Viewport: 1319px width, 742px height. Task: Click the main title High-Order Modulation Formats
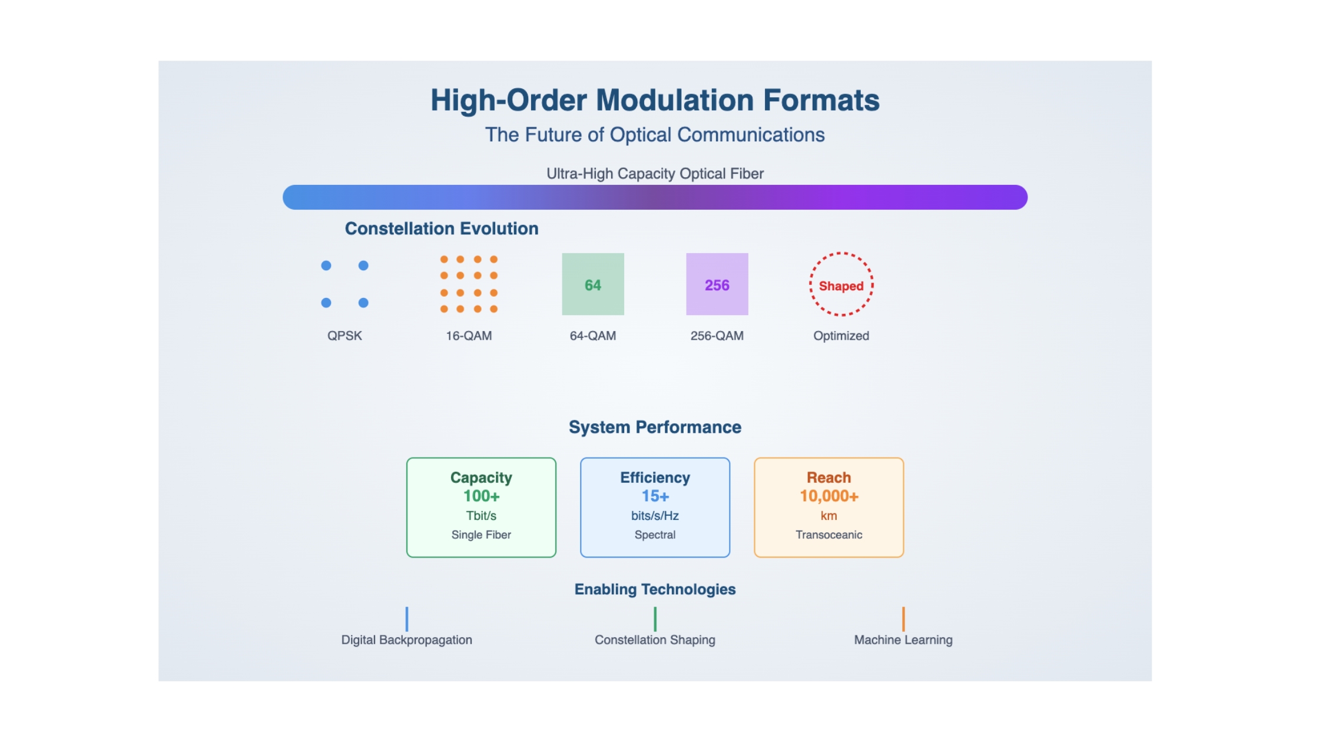(655, 100)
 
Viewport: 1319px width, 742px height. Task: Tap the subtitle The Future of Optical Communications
(655, 135)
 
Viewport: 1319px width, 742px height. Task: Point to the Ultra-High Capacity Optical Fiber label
(655, 174)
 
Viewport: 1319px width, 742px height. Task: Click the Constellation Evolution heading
(442, 228)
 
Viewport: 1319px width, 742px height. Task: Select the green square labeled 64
(593, 284)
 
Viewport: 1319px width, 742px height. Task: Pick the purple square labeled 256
(717, 284)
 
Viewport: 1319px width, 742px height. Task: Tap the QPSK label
(344, 336)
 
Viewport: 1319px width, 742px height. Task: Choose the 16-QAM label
(469, 336)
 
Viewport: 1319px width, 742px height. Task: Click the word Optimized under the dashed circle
(841, 336)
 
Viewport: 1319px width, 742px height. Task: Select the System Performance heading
(655, 427)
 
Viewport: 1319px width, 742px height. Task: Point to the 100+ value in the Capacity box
(481, 496)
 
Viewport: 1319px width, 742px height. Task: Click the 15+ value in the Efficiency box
(655, 496)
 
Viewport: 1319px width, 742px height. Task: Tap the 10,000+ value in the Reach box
(828, 496)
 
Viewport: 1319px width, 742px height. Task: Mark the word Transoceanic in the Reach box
(828, 535)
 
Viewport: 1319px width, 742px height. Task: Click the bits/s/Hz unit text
(655, 516)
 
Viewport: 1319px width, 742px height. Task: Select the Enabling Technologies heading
(655, 589)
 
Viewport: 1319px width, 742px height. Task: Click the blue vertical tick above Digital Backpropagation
(407, 619)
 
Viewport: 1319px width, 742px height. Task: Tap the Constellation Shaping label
(655, 640)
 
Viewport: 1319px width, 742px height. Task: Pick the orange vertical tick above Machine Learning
(903, 619)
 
